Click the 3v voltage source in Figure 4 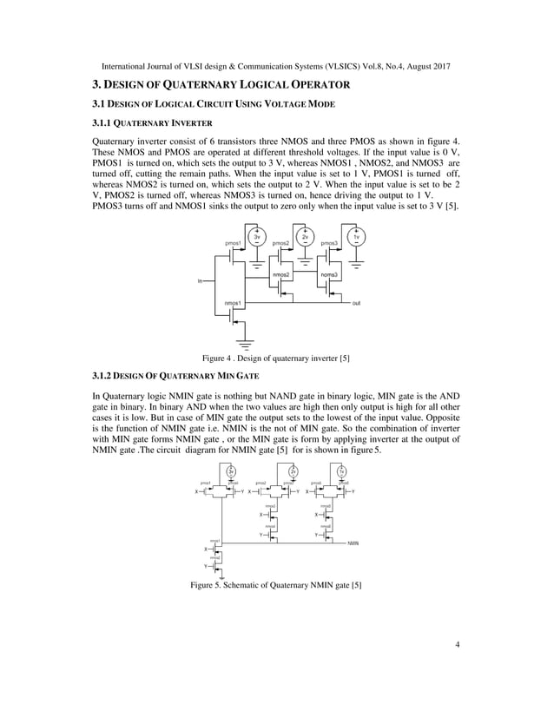click(256, 236)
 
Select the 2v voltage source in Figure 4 click(305, 236)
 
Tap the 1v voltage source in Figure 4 click(356, 236)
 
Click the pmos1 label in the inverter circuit click(233, 244)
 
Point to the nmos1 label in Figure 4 click(233, 302)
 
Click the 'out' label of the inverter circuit click(357, 304)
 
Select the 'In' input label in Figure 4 click(201, 281)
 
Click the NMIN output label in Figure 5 click(353, 543)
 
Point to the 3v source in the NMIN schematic click(231, 471)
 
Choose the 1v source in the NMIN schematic click(343, 471)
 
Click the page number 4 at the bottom click(456, 645)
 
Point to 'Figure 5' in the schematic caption click(208, 585)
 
